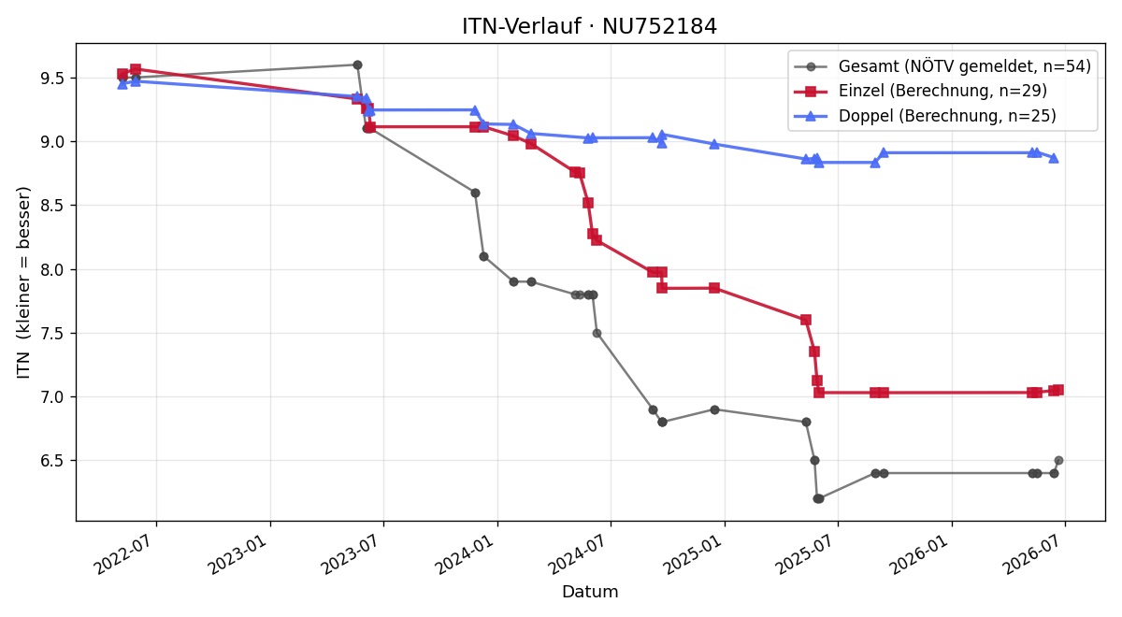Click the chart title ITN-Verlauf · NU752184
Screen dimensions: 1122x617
589,26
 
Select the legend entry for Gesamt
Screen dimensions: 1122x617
942,66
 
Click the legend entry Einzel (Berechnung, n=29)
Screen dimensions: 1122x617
921,91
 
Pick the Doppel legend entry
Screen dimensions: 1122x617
925,116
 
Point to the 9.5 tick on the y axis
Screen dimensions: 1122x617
53,79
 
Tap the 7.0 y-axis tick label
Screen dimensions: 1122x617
53,397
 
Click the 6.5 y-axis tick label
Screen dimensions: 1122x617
53,461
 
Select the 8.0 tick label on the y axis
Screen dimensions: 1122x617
53,270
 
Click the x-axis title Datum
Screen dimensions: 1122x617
590,592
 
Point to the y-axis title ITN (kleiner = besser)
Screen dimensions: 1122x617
23,282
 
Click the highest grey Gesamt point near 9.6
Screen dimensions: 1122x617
357,65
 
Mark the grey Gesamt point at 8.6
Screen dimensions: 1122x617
475,193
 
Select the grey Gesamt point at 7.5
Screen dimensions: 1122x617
597,333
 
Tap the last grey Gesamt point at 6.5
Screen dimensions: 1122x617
1058,460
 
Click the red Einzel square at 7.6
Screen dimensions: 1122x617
806,320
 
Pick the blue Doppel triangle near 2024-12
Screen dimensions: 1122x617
714,144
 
